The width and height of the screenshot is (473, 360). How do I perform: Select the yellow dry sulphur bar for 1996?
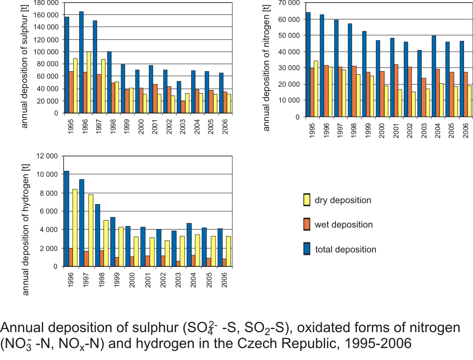point(89,82)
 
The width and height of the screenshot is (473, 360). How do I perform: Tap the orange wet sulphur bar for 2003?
point(183,107)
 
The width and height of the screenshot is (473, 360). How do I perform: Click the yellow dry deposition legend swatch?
point(307,200)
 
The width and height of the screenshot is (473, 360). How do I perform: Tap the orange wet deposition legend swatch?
point(307,225)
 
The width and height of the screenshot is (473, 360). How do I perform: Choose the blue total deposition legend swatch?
point(307,249)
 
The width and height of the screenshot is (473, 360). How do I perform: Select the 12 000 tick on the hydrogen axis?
point(47,156)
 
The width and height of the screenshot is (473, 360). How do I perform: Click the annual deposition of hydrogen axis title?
point(26,226)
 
